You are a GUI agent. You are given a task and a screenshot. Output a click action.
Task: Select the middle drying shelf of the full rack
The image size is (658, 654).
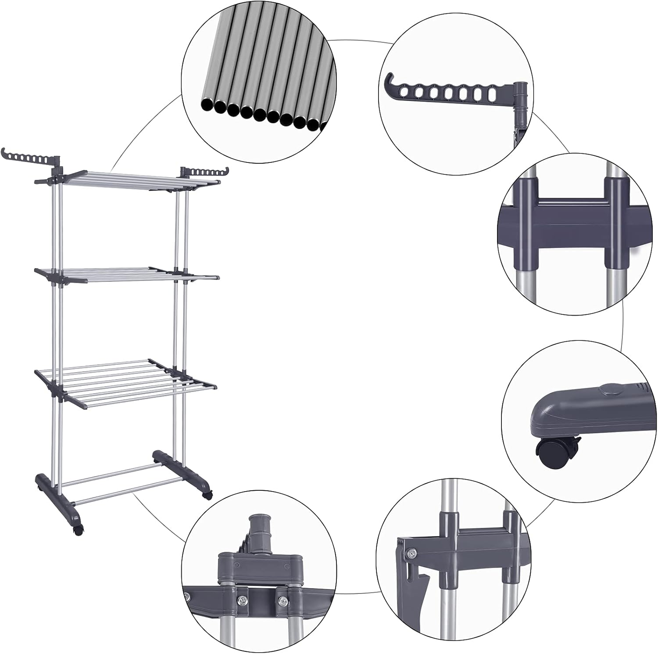127,275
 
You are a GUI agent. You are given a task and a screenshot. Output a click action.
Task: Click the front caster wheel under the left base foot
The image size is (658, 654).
78,530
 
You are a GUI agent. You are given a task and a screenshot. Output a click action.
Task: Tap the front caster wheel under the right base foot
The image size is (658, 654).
207,495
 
